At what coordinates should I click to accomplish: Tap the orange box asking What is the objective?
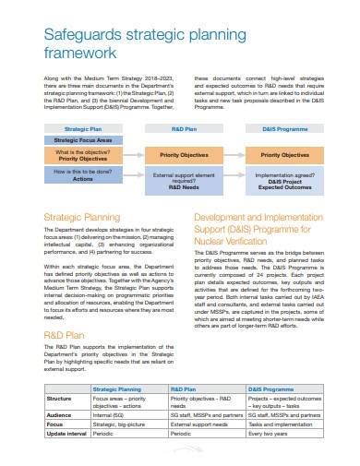coord(82,155)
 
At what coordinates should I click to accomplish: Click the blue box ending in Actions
coord(82,175)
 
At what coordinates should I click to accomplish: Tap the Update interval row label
coord(65,435)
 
